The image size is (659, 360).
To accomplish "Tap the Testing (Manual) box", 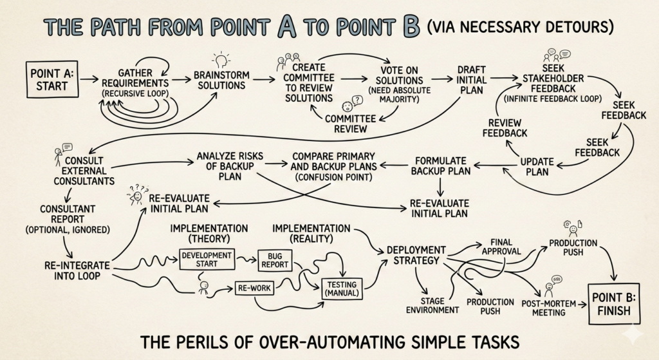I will click(x=342, y=288).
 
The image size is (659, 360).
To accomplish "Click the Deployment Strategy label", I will click(x=415, y=254).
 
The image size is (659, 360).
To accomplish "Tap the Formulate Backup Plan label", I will click(x=441, y=166).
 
